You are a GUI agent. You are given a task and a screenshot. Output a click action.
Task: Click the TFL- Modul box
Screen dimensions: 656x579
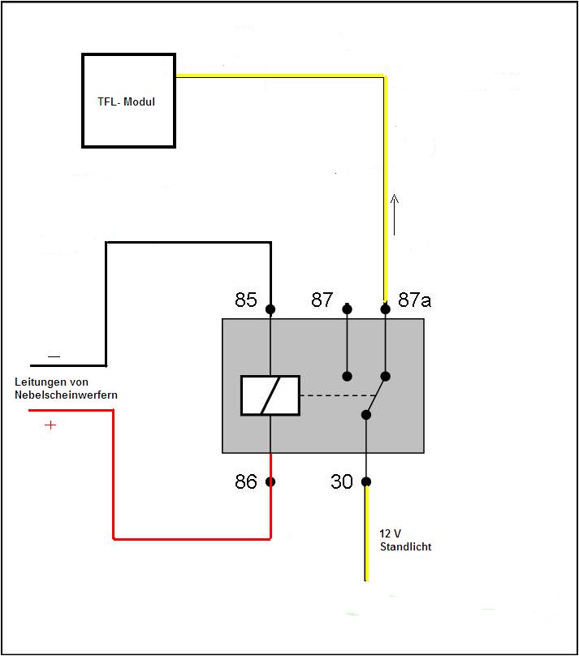[x=128, y=101]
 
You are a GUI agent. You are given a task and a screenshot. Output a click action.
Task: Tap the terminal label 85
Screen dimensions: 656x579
[x=246, y=300]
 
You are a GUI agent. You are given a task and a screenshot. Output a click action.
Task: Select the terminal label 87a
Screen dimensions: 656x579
[x=414, y=300]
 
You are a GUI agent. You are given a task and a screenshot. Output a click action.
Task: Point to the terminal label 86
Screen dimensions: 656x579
[x=246, y=482]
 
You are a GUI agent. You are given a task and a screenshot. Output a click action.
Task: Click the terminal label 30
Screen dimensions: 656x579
[x=342, y=482]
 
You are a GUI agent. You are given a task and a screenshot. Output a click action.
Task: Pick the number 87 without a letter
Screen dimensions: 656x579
[x=322, y=300]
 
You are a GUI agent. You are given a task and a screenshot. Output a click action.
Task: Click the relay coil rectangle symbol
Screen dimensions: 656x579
[x=270, y=395]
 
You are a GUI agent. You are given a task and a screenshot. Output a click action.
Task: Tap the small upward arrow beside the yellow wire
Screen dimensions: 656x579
[x=395, y=214]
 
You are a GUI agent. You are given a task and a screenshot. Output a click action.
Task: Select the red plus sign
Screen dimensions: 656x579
[x=50, y=425]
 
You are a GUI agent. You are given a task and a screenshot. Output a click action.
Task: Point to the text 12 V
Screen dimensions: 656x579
[x=391, y=534]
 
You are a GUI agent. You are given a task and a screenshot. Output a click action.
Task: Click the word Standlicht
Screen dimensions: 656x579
[x=405, y=547]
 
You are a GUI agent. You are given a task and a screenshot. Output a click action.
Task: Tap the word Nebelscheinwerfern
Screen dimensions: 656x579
[x=66, y=395]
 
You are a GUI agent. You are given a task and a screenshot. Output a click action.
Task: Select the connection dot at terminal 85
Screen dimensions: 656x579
[x=270, y=309]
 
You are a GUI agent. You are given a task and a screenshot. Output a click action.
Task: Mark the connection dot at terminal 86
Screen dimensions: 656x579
[x=270, y=481]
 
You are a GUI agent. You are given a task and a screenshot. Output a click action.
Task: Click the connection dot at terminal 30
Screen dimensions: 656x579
[x=366, y=481]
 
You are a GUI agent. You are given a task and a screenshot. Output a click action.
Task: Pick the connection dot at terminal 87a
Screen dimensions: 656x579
[x=385, y=309]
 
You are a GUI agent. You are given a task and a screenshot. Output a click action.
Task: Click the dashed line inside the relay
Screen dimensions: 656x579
[x=331, y=395]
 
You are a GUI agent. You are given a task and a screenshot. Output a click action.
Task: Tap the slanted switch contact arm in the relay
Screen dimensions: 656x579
[x=375, y=395]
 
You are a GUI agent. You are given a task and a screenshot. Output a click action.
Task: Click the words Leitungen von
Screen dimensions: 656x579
[x=52, y=382]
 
